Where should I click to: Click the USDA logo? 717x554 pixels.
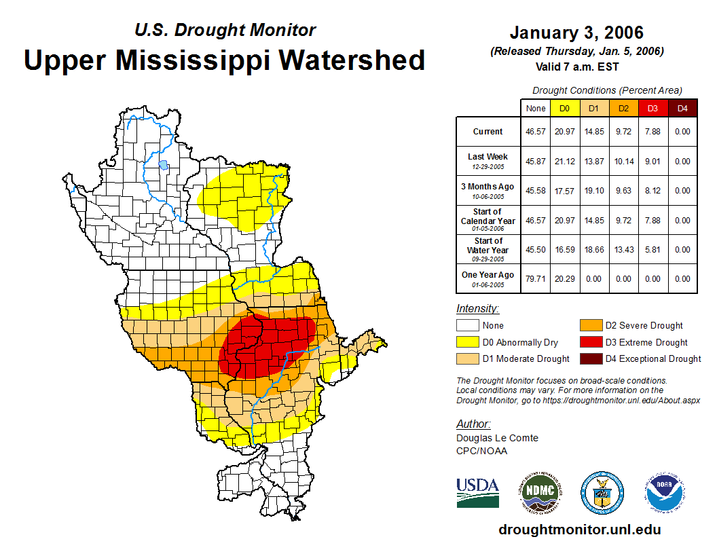[477, 492]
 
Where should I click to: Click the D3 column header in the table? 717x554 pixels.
[652, 108]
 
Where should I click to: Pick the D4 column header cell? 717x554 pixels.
[682, 108]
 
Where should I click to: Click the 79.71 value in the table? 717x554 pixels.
[536, 278]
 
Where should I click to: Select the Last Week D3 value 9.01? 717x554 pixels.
[652, 162]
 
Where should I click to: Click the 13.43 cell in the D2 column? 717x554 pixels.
[623, 249]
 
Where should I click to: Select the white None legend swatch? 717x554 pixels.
[468, 326]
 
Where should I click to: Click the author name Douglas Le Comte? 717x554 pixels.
[497, 438]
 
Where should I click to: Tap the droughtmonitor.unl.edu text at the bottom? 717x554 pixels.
[579, 530]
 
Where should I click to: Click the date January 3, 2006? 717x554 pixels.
[576, 33]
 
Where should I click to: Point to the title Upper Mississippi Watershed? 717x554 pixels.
[225, 60]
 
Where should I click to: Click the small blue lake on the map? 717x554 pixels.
[163, 164]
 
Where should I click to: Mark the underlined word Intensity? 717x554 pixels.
[477, 309]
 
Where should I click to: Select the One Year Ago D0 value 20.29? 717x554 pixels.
[565, 278]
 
